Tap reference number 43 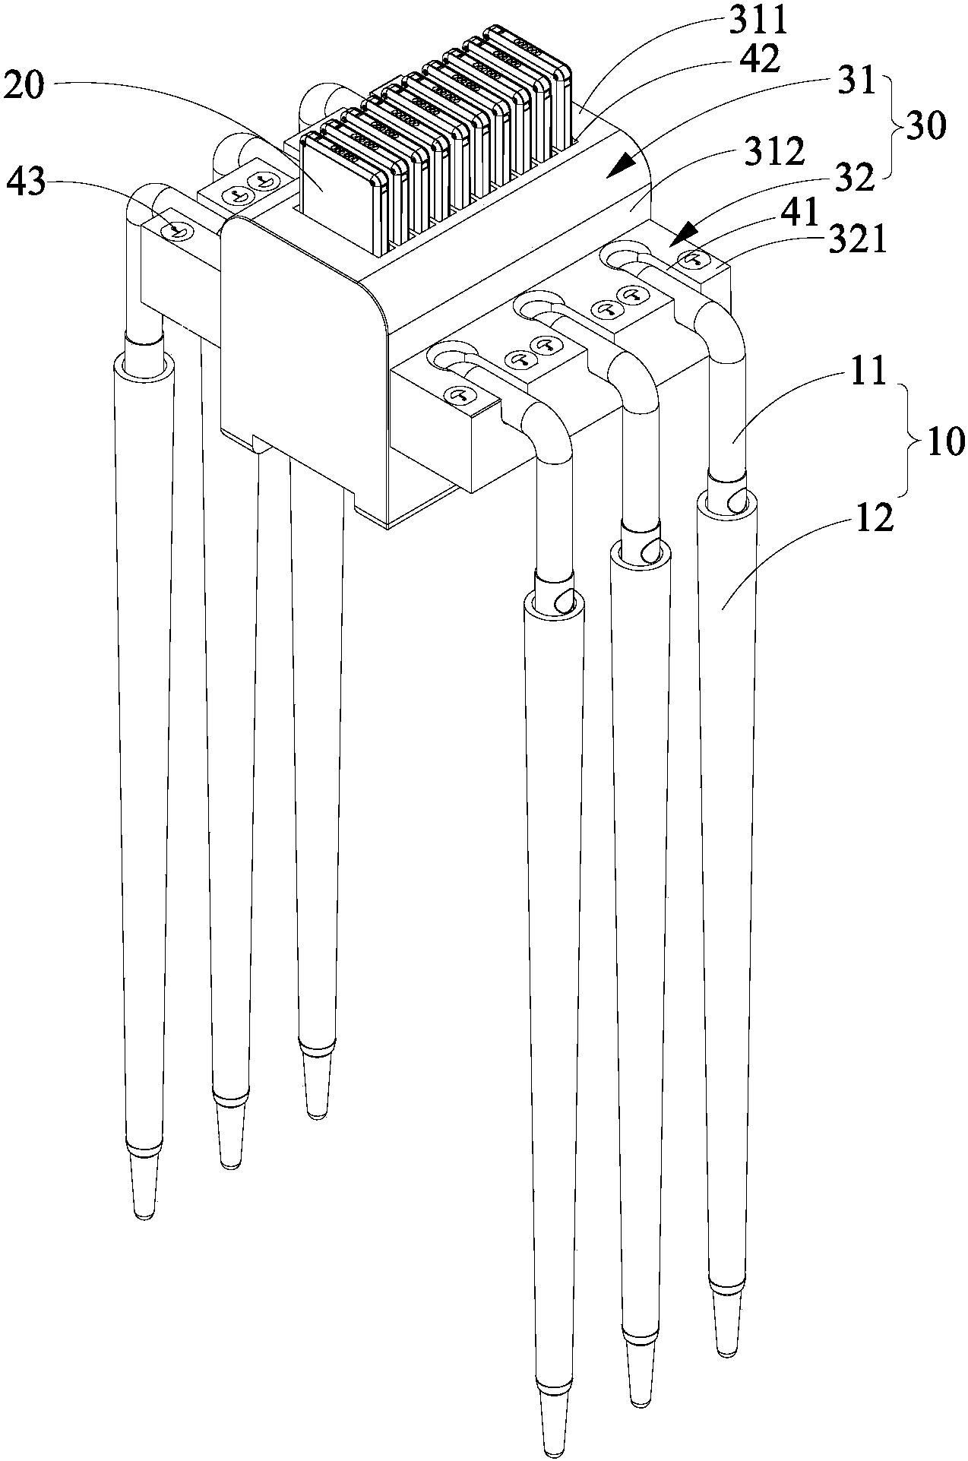pyautogui.click(x=27, y=185)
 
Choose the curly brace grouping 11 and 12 pyautogui.click(x=909, y=441)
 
